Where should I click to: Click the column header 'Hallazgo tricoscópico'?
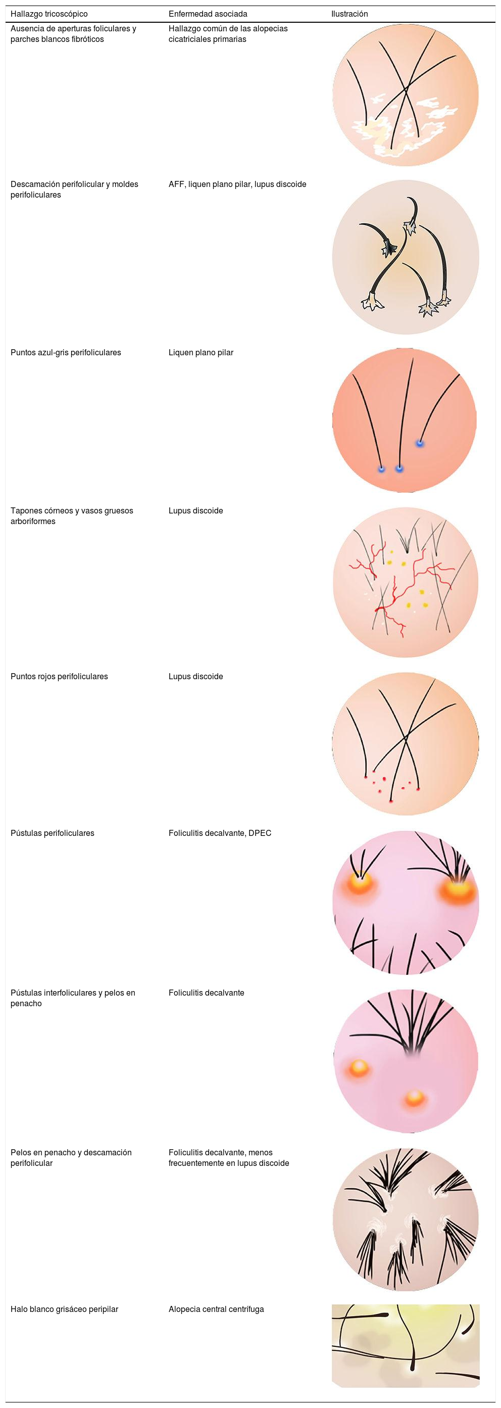tap(48, 14)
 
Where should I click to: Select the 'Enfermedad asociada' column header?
tap(208, 14)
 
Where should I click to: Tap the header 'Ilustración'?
tap(349, 14)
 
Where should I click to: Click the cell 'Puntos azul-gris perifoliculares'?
tap(66, 353)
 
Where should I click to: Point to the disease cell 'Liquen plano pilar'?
tap(201, 353)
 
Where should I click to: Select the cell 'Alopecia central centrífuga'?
tap(216, 1309)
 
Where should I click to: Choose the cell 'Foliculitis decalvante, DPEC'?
tap(220, 833)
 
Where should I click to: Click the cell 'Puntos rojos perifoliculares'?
tap(59, 676)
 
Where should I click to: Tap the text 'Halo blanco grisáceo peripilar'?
tap(64, 1309)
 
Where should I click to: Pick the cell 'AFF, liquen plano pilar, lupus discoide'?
tap(237, 184)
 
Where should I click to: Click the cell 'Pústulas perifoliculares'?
tap(53, 833)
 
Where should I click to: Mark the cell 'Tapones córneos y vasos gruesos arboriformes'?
tap(72, 515)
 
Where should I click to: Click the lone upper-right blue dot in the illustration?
tap(420, 443)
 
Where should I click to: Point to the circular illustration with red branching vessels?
tap(406, 582)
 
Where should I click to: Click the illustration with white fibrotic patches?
tap(406, 95)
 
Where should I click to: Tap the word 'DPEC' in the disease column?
tap(260, 833)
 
